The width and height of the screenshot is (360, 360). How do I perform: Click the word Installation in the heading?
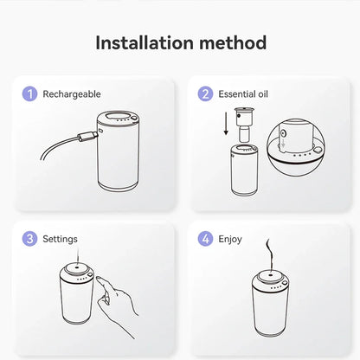coord(145,42)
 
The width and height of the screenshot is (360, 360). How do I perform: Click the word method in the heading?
coord(233,42)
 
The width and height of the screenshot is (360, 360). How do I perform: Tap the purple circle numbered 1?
coord(29,94)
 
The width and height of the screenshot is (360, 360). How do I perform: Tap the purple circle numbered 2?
coord(205,94)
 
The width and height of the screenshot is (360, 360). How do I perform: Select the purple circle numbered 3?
coord(29,239)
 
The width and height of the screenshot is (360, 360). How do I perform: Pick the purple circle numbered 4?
coord(205,239)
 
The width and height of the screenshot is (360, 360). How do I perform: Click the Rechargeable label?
coord(72,94)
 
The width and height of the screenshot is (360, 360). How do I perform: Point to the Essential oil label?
coord(243,94)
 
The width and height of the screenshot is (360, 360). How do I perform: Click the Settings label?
coord(60,239)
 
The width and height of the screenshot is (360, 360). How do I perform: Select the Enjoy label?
coord(230,240)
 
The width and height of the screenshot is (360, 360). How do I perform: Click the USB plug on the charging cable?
coord(87,136)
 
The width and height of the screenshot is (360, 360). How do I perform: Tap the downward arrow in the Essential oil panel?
coord(226,124)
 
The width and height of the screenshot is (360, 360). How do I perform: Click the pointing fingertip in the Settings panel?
coord(100,280)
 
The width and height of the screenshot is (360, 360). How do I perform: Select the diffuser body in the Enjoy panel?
coord(270,304)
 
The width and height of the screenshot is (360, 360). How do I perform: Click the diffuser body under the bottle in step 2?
coord(244,170)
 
